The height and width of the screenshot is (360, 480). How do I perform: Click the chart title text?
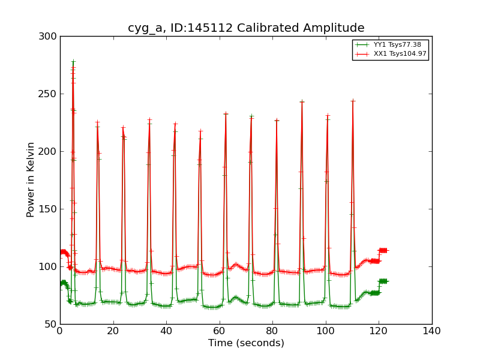click(x=246, y=28)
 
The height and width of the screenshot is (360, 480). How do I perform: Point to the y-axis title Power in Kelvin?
click(x=31, y=179)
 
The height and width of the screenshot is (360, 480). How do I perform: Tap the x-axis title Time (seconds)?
click(x=246, y=343)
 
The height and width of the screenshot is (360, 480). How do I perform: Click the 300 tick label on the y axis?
click(x=50, y=37)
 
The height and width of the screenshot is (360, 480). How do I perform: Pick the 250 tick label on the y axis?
click(x=50, y=94)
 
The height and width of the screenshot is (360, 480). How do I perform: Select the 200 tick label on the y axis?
click(x=50, y=152)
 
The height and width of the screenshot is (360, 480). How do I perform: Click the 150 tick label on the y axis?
click(x=50, y=209)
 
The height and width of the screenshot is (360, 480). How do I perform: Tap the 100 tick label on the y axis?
click(x=50, y=267)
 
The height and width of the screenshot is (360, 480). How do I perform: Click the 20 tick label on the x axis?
click(x=113, y=331)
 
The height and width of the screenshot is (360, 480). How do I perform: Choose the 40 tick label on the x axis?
click(x=166, y=331)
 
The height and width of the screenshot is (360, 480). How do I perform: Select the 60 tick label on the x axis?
click(x=220, y=331)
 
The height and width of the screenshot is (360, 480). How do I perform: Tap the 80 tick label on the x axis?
click(x=272, y=331)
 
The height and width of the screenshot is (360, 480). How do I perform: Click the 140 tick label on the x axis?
click(x=432, y=331)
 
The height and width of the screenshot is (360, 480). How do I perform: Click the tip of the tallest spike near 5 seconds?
click(x=73, y=61)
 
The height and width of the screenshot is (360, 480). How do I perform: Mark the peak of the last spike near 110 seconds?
click(x=352, y=100)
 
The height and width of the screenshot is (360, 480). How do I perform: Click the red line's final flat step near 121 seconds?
click(x=382, y=250)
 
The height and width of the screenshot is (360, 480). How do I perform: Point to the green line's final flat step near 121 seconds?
click(x=382, y=281)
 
